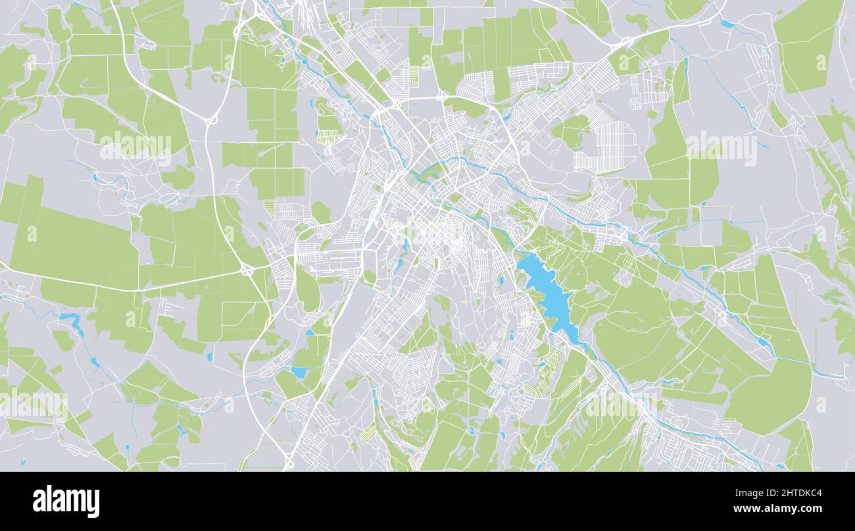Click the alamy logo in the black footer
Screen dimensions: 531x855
tap(66, 501)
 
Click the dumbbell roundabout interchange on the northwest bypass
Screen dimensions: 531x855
tap(212, 120)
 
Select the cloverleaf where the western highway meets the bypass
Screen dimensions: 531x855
tap(247, 269)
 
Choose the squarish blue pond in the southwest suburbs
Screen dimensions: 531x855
tap(299, 372)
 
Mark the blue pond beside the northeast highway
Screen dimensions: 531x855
tap(726, 24)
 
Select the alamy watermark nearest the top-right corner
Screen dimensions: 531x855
tap(721, 149)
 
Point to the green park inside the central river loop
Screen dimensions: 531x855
tap(431, 172)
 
